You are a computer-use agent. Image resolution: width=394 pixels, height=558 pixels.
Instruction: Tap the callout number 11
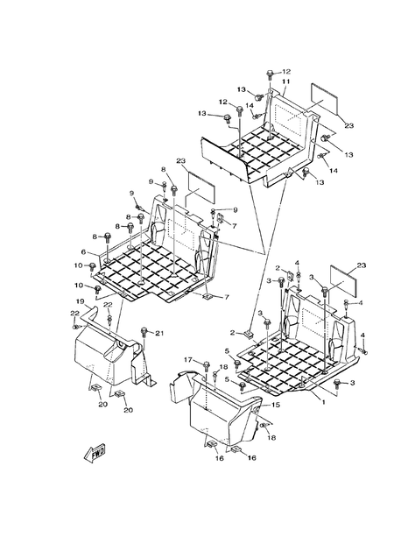click(285, 81)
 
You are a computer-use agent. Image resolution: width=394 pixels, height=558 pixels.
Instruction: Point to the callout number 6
click(85, 252)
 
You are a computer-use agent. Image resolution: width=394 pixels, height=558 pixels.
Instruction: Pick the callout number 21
click(159, 334)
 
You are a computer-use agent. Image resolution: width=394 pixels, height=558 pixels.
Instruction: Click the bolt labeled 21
click(144, 334)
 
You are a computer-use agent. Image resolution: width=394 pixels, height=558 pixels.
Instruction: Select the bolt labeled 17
click(203, 363)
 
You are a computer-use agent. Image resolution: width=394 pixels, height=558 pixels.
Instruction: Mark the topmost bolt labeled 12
click(271, 74)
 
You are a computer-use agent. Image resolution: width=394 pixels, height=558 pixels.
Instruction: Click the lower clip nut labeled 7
click(208, 298)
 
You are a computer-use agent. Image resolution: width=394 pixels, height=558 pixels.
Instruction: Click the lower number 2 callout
click(235, 333)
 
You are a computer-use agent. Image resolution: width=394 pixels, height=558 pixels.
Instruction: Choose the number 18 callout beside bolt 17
click(223, 367)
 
